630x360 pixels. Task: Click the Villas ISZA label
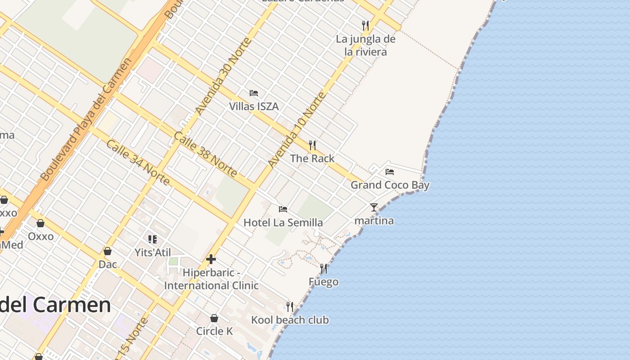(254, 107)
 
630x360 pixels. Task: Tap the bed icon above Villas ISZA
(254, 93)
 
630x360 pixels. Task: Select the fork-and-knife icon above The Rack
(312, 145)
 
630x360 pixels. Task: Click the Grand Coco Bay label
(390, 185)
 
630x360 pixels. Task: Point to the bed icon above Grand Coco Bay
(390, 171)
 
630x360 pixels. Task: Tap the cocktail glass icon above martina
(374, 207)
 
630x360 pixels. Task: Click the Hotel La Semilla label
(283, 223)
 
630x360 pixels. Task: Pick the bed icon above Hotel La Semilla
(283, 209)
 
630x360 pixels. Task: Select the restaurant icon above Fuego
(324, 269)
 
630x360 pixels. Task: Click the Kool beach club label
(290, 320)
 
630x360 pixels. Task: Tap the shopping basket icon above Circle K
(214, 318)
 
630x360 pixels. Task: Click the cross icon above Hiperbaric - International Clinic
(211, 259)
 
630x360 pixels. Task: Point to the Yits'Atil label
(153, 252)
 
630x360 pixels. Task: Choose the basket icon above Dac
(108, 251)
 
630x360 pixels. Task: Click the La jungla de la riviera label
(365, 45)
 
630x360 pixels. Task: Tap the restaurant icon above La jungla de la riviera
(365, 25)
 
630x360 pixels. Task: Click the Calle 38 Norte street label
(205, 154)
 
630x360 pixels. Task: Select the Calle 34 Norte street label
(138, 162)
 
